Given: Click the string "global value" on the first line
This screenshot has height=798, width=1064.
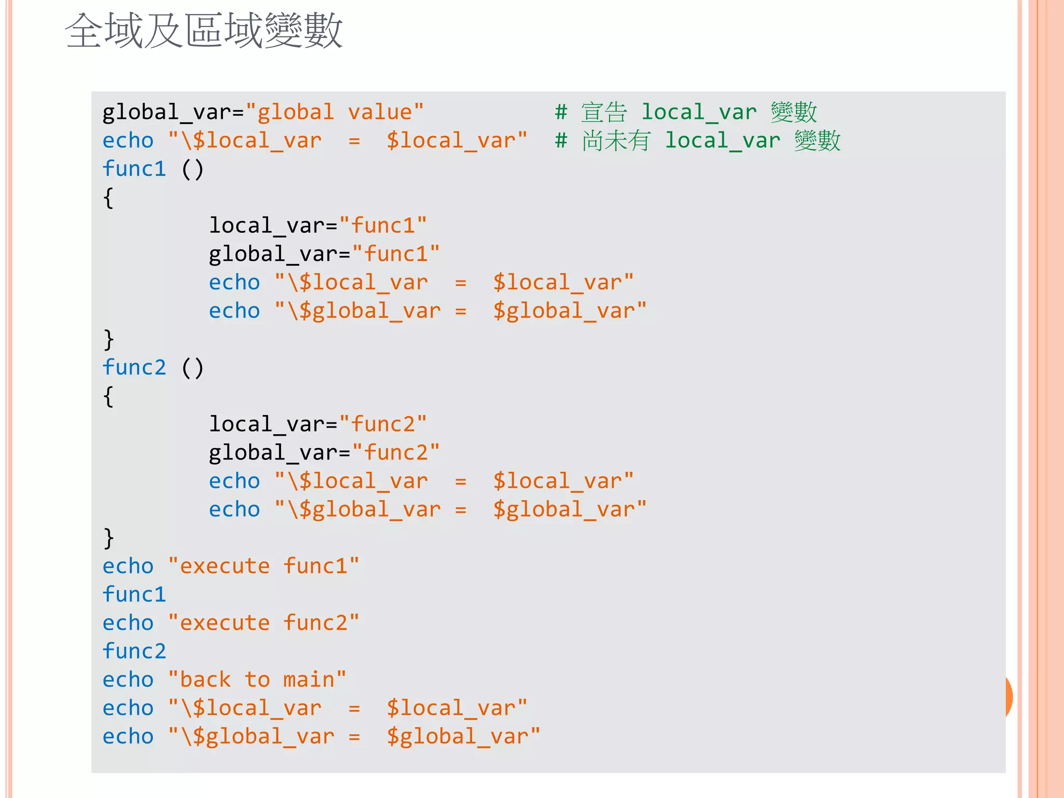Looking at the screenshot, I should point(335,112).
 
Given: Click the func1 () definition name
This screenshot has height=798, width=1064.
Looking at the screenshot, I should point(134,169).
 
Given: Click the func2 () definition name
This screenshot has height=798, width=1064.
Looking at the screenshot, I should point(134,368).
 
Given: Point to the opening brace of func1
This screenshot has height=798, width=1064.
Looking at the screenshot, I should point(108,198).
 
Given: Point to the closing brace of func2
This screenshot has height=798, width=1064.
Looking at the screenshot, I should point(108,538).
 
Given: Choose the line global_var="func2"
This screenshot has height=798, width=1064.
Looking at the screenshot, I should point(324,453).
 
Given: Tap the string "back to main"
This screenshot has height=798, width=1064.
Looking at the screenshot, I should point(257,680).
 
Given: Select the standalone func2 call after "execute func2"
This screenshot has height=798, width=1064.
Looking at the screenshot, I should point(134,651).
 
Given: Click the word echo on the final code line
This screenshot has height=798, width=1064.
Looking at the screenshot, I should point(128,737).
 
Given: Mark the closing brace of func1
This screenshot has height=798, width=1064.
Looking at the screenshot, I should point(108,340).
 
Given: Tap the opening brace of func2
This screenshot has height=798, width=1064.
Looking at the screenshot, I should point(108,397).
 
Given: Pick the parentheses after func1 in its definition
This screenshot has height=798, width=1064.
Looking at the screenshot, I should point(192,169).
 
